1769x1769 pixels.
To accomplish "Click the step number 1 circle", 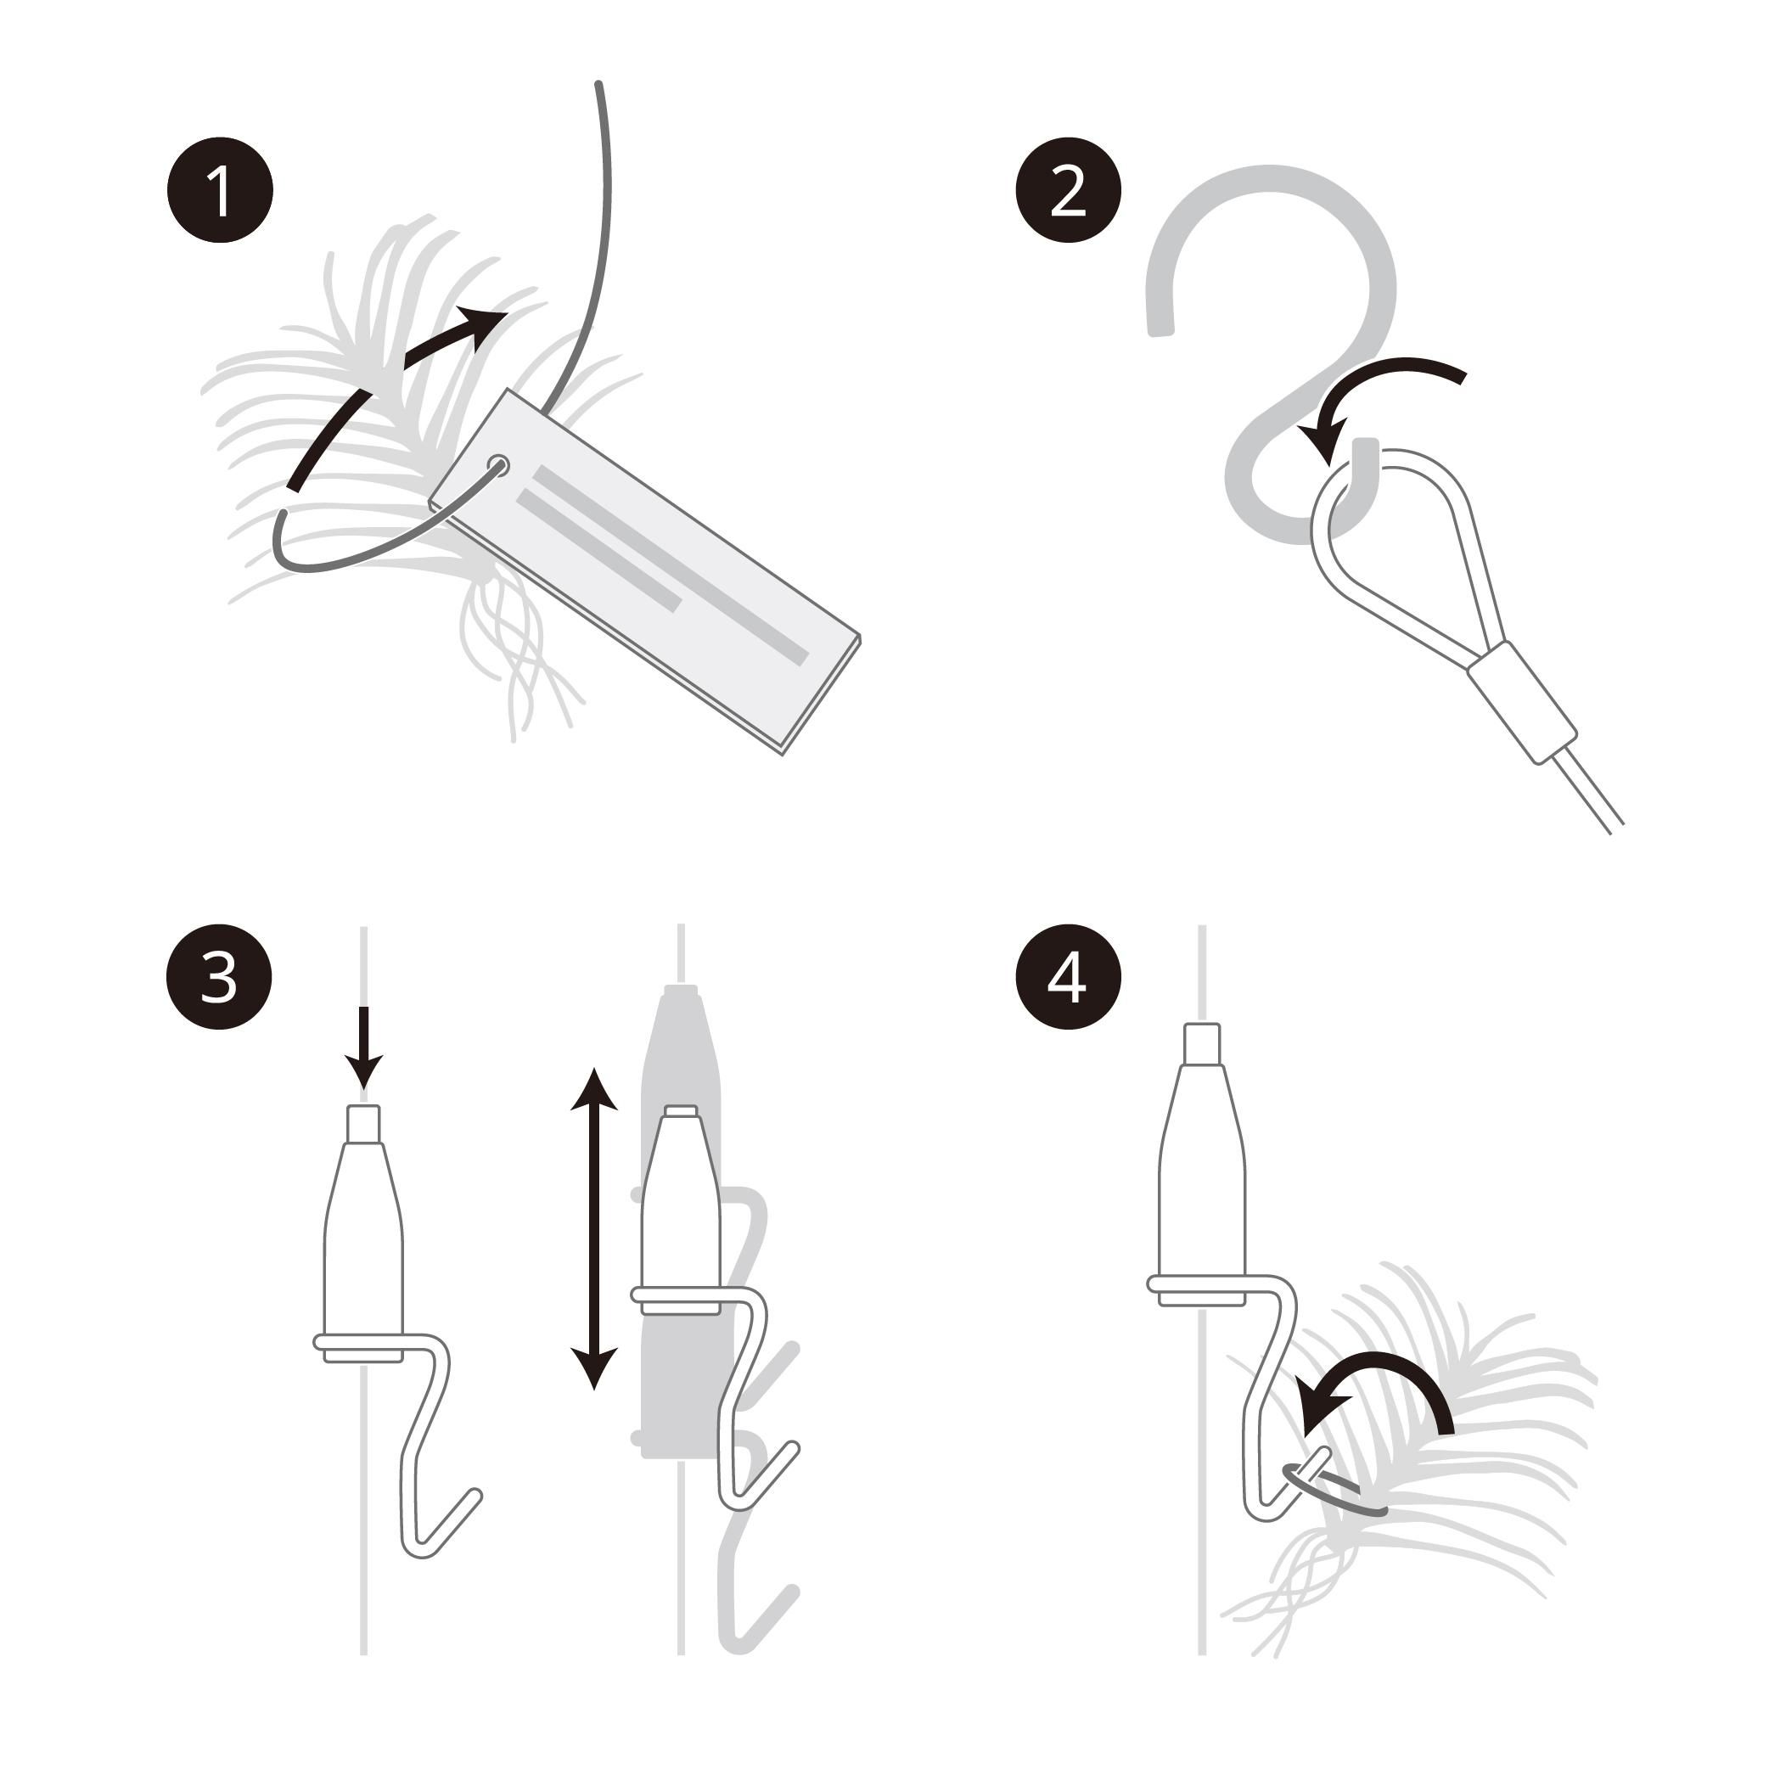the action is [220, 190].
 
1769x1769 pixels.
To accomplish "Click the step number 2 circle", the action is [1069, 190].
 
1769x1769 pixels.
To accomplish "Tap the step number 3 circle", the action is [219, 977].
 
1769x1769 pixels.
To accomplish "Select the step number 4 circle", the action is [1069, 977].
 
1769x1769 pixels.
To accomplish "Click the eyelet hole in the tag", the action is [499, 464].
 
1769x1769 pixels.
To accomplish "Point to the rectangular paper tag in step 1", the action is [645, 572].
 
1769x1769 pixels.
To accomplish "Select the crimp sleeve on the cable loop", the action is [1522, 702].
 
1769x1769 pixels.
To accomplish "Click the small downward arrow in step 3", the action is [363, 1048].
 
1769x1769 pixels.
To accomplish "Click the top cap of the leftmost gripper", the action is [363, 1125].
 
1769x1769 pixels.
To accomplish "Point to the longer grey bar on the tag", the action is [671, 565].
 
